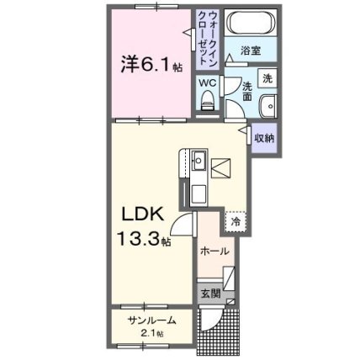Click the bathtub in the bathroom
pos(251,22)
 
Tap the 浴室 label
pos(251,50)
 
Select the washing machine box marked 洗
pos(267,78)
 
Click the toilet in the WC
pos(208,101)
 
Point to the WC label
pos(208,82)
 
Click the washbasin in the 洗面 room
pos(268,107)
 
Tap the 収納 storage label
pos(264,138)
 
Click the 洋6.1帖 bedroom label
pos(151,65)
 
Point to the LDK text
pos(142,215)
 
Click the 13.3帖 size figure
pos(144,239)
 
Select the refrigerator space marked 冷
pos(236,221)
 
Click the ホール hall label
pos(214,251)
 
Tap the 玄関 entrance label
pos(210,294)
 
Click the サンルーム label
pos(151,320)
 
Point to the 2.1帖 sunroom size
pos(152,334)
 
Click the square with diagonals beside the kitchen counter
pos(221,168)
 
